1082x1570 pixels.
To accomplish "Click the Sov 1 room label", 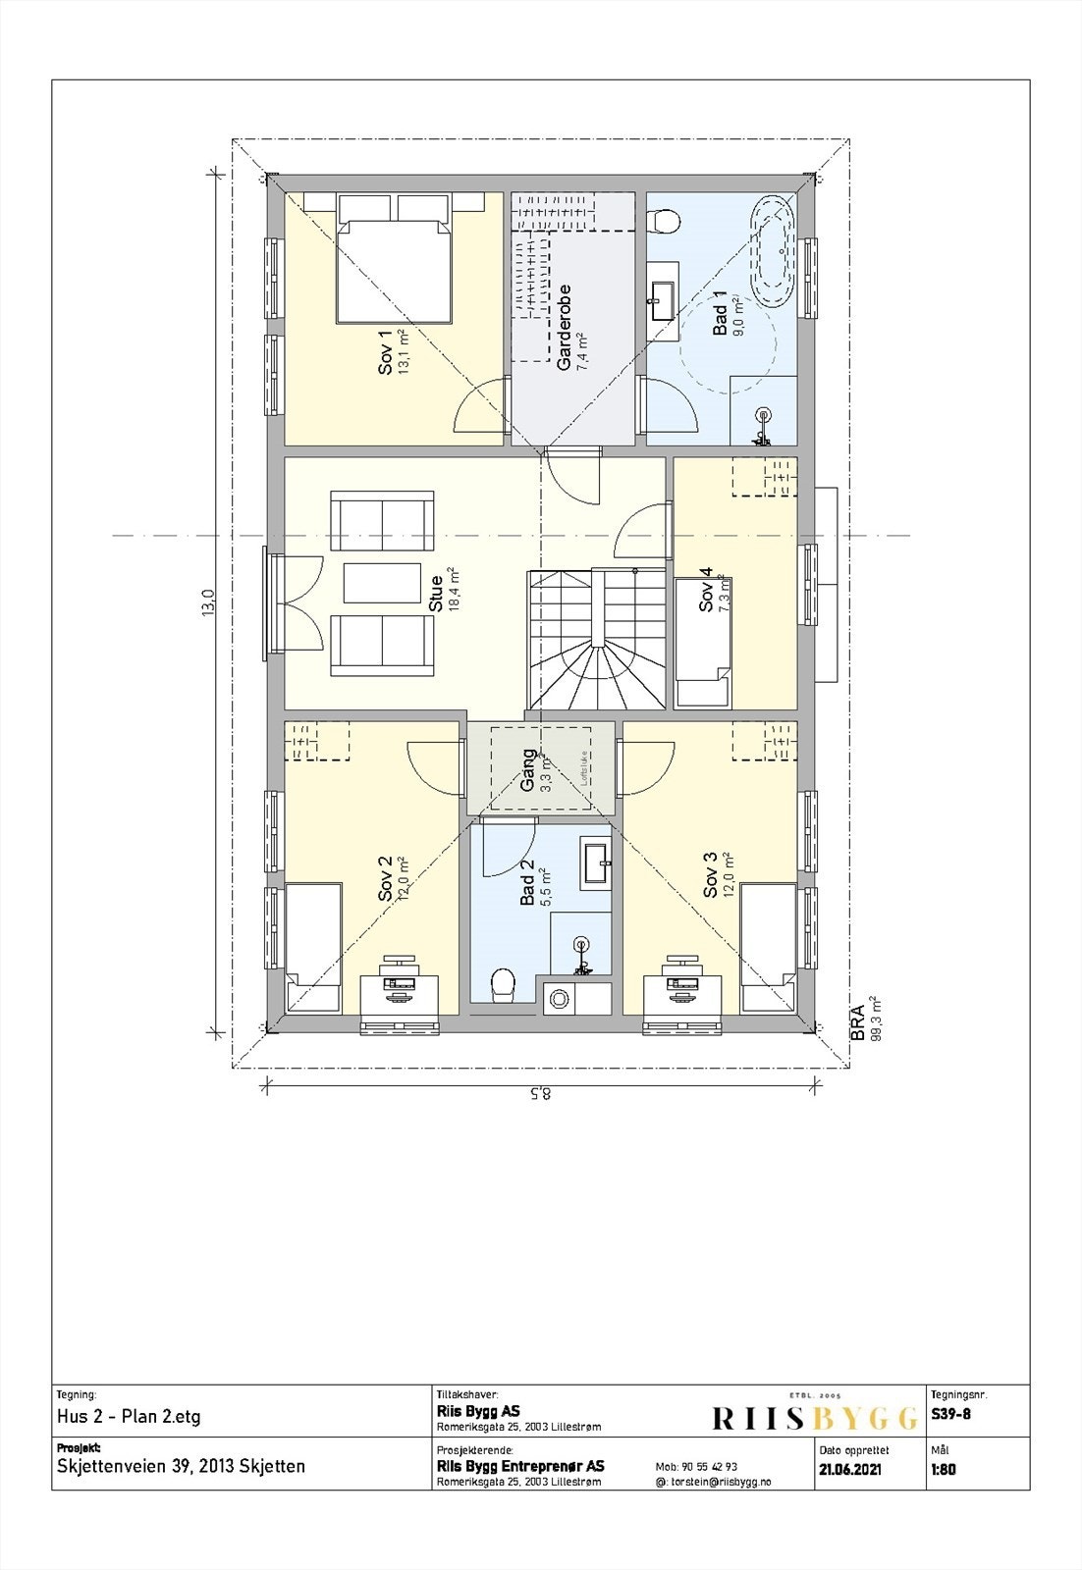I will [x=386, y=351].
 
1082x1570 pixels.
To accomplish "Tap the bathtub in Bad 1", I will [x=774, y=245].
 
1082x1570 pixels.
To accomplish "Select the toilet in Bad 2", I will [x=503, y=983].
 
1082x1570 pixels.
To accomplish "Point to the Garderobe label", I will [x=565, y=328].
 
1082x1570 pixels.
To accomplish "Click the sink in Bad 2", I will [x=596, y=863].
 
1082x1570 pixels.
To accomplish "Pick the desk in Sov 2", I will [x=397, y=993].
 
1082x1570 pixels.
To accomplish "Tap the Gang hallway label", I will [x=529, y=770].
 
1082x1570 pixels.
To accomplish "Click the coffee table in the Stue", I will [x=382, y=583].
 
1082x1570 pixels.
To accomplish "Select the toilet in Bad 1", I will [x=666, y=221].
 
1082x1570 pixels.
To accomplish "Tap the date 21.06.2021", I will [x=850, y=1470].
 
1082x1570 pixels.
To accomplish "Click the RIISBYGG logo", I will [x=812, y=1417].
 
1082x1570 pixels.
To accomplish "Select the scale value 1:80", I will [x=943, y=1470].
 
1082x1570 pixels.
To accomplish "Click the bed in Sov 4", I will [x=703, y=643].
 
